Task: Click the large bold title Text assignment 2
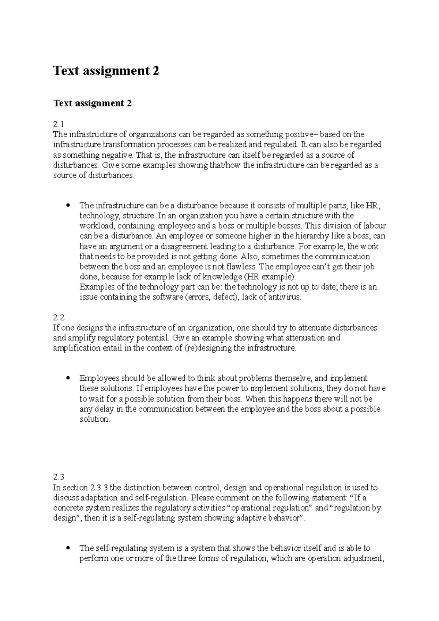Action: [106, 71]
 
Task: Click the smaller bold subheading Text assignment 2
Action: [92, 103]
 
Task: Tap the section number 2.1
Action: [58, 124]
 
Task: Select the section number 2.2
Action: [59, 317]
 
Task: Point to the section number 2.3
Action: [59, 477]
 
